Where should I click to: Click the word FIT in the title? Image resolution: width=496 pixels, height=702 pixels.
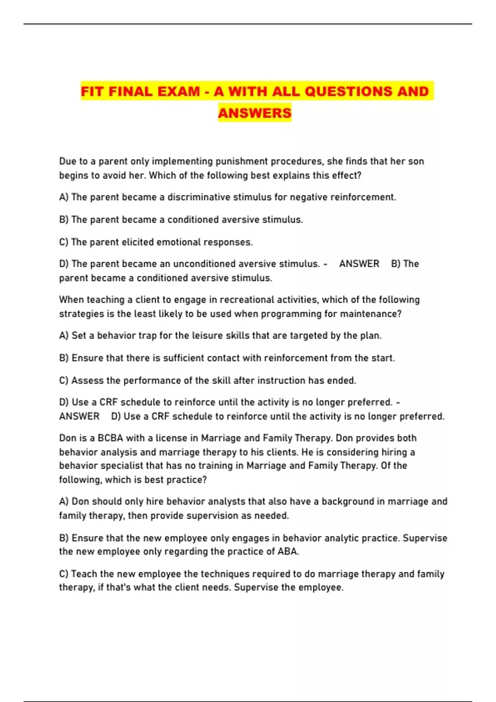pos(92,91)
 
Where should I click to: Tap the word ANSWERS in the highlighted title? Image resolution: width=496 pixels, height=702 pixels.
pos(255,113)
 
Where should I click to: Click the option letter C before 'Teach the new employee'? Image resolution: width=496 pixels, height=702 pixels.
pos(63,574)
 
